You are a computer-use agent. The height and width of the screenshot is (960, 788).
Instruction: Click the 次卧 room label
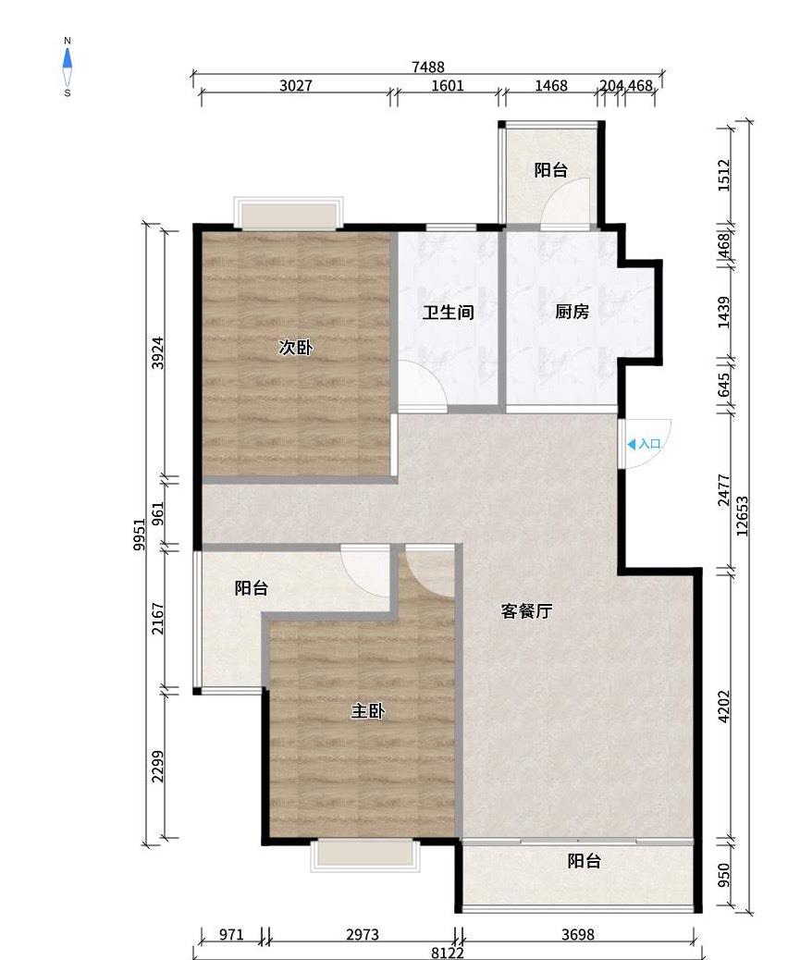click(296, 347)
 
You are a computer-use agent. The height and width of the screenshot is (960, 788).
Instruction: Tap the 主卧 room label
click(367, 711)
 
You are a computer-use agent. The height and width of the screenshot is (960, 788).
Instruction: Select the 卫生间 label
click(449, 313)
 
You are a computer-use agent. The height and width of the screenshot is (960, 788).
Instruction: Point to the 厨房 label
click(572, 312)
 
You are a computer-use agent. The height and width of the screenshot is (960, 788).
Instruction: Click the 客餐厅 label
click(526, 610)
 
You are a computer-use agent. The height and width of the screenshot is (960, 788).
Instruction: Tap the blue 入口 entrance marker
click(644, 444)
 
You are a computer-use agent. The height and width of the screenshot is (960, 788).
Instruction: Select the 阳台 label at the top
click(551, 169)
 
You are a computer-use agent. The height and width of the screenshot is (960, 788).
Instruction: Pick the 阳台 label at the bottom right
click(585, 861)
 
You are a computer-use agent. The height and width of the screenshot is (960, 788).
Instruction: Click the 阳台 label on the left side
click(252, 588)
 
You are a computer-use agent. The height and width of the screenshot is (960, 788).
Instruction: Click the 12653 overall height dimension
click(742, 515)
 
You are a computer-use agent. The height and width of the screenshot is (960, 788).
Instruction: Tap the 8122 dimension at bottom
click(447, 953)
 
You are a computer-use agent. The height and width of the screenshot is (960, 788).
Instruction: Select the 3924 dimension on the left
click(158, 352)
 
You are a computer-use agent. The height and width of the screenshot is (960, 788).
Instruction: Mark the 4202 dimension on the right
click(723, 707)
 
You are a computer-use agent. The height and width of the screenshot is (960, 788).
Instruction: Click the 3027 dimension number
click(296, 85)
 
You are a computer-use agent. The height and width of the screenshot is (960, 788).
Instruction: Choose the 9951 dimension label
click(140, 534)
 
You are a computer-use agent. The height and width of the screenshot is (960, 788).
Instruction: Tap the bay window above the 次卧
click(289, 213)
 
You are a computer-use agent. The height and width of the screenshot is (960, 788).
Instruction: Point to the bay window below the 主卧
click(365, 855)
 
